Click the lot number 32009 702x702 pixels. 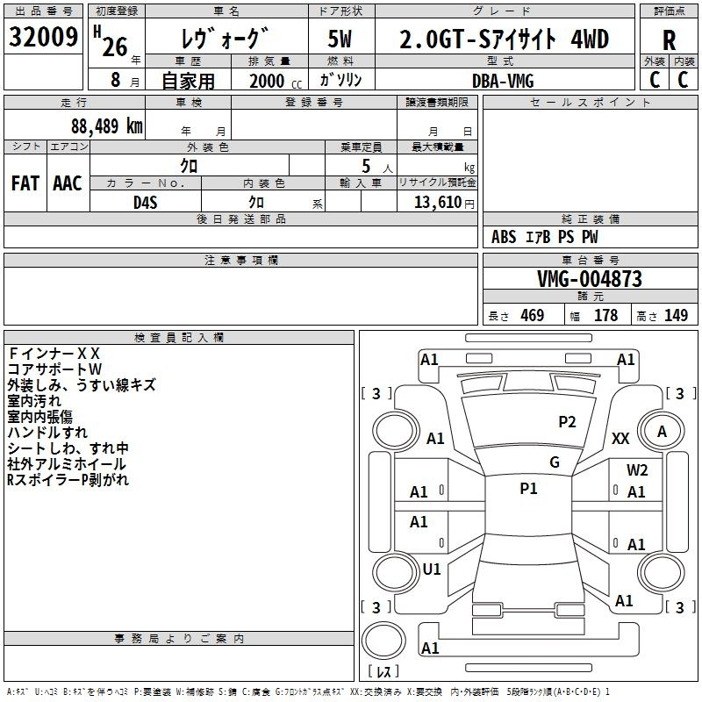coord(43,36)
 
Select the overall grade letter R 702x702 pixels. coord(669,40)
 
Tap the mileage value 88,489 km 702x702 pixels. coord(106,126)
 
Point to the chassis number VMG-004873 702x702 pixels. coord(590,279)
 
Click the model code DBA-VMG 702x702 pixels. coord(503,81)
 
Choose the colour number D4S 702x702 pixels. coord(146,203)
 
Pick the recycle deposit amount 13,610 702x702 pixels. coord(438,202)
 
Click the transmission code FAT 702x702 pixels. coord(25,183)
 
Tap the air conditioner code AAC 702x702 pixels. coord(68,183)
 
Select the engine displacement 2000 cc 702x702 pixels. coord(276,81)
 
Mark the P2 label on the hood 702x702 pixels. coord(567,422)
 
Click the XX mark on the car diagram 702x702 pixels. coord(620,438)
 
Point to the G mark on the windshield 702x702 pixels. coord(555,462)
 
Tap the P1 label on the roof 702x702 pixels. coord(528,489)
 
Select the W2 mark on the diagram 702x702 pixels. coord(637,469)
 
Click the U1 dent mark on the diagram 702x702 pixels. coord(432,569)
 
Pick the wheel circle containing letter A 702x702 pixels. coord(662,431)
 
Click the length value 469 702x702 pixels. coord(532,315)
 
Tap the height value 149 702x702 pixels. coord(676,315)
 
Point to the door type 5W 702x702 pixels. coord(340,39)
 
